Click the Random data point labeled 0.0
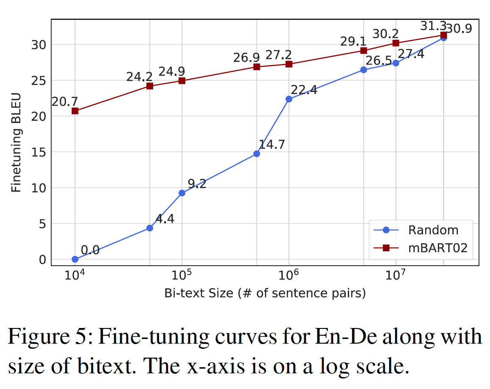click(75, 259)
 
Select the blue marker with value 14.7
click(256, 154)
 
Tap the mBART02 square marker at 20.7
click(75, 111)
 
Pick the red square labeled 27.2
click(289, 64)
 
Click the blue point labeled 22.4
click(289, 99)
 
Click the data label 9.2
click(197, 184)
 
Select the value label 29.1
click(353, 42)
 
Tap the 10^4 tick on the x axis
click(75, 276)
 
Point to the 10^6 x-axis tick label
click(289, 276)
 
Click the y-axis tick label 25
click(40, 81)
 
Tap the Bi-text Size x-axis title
click(265, 293)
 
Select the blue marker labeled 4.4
click(149, 228)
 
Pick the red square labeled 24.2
click(149, 86)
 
